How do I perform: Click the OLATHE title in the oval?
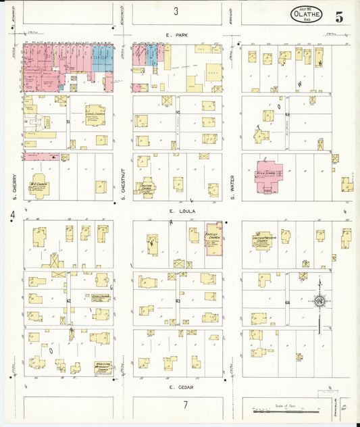[306, 14]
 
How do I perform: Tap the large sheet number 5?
[338, 18]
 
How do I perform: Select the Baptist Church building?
[214, 238]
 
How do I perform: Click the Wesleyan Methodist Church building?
[103, 368]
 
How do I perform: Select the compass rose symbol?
[319, 301]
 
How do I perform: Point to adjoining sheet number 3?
[176, 11]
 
